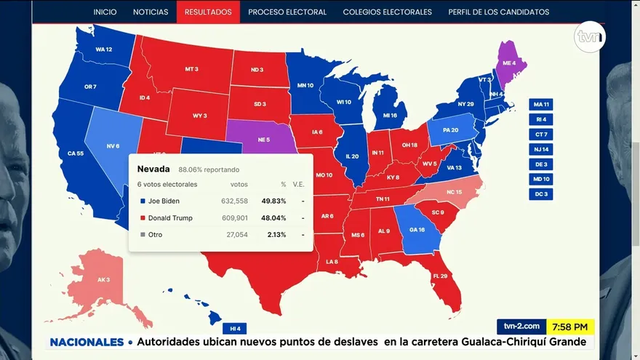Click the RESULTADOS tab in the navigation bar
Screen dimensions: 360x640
click(208, 12)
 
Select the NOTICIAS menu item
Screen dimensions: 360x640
click(151, 12)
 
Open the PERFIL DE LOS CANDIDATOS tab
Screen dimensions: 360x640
click(499, 12)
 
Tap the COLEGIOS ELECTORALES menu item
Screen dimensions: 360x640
click(387, 12)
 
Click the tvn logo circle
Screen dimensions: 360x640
click(588, 37)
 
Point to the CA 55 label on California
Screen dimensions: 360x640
click(75, 153)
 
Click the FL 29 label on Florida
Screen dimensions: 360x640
click(440, 276)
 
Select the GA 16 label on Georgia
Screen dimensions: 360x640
click(417, 229)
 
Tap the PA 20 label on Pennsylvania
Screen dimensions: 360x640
click(450, 130)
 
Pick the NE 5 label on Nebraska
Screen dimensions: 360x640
click(263, 139)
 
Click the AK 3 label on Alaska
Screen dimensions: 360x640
click(103, 279)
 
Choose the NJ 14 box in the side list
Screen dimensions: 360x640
click(541, 148)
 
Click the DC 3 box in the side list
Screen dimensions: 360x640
click(541, 193)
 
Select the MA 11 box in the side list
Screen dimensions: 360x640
click(541, 104)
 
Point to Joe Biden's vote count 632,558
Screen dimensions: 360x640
click(234, 201)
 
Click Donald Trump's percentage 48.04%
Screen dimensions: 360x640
click(273, 217)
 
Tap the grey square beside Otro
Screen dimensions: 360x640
click(142, 235)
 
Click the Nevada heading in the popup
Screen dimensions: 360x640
click(153, 169)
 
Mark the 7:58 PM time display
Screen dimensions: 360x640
click(570, 327)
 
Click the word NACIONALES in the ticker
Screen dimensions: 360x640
click(87, 342)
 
